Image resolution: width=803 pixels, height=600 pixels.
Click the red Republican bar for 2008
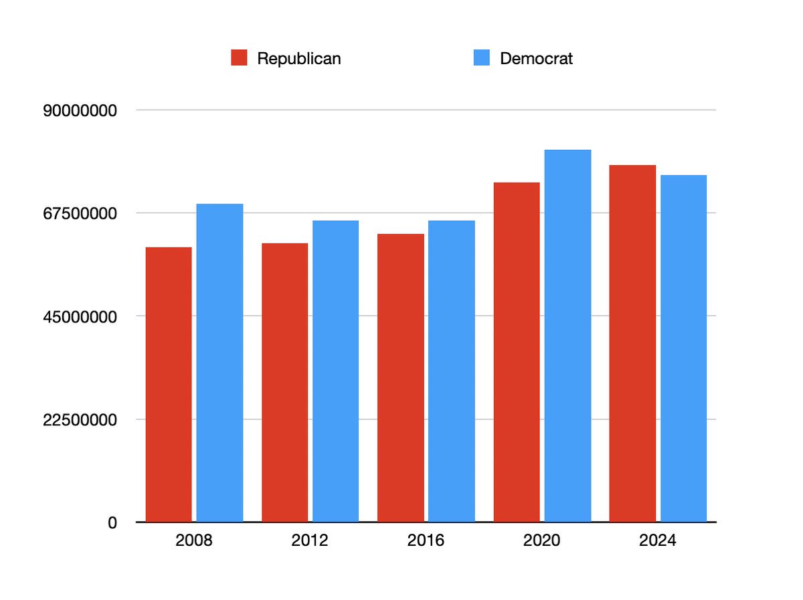[169, 385]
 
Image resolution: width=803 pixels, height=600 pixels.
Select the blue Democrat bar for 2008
[219, 363]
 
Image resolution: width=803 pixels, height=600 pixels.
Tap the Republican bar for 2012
[284, 383]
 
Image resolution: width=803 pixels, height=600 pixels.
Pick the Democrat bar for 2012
[335, 371]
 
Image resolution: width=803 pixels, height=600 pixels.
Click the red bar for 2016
[400, 378]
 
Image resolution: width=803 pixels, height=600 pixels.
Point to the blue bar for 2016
[451, 371]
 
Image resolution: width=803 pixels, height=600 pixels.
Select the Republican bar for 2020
[516, 352]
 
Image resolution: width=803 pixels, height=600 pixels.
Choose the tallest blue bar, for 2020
[567, 336]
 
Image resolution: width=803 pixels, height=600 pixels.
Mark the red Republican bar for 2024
[632, 343]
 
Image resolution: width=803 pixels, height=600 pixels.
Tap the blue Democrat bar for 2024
[683, 348]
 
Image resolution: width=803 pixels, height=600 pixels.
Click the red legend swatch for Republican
[240, 58]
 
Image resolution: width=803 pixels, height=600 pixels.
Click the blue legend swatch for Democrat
[482, 58]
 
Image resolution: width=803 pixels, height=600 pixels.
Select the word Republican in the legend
[298, 59]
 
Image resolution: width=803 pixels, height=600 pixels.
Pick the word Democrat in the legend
[536, 59]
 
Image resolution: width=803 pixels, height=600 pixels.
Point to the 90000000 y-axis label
[80, 110]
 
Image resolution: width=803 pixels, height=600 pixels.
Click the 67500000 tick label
[80, 213]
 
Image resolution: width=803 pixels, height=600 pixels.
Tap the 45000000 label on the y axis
[80, 316]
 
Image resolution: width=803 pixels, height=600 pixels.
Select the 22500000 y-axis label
[80, 419]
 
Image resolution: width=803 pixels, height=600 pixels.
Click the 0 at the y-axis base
[113, 522]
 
